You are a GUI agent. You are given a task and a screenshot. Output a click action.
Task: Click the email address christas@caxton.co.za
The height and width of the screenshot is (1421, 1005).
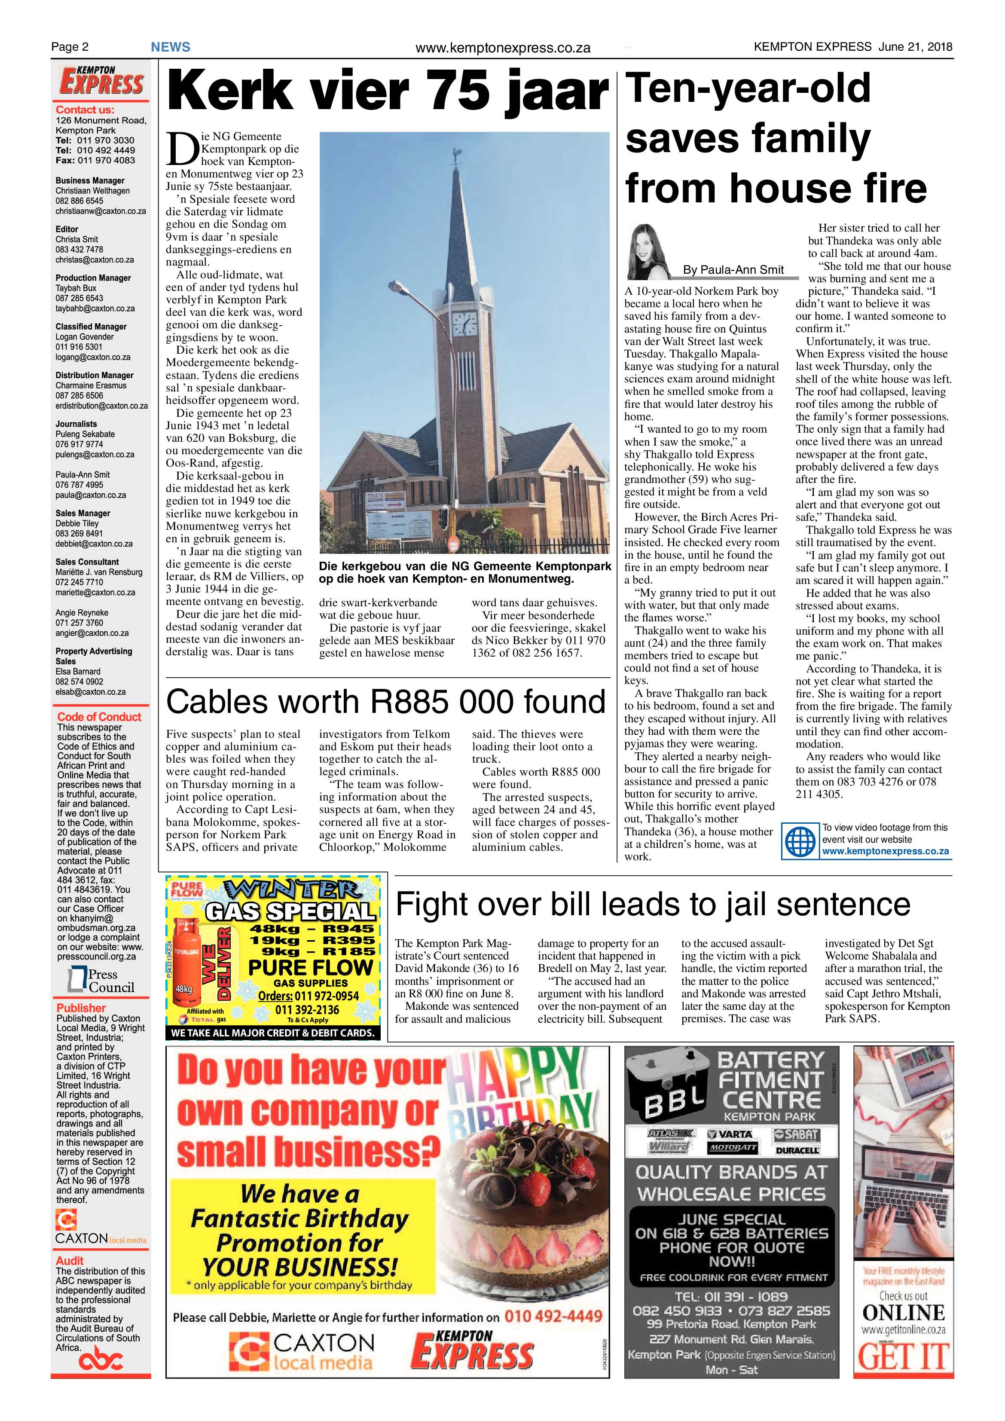coord(94,260)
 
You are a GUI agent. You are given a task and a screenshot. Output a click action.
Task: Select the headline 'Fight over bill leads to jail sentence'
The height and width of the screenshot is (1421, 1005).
coord(653,904)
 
